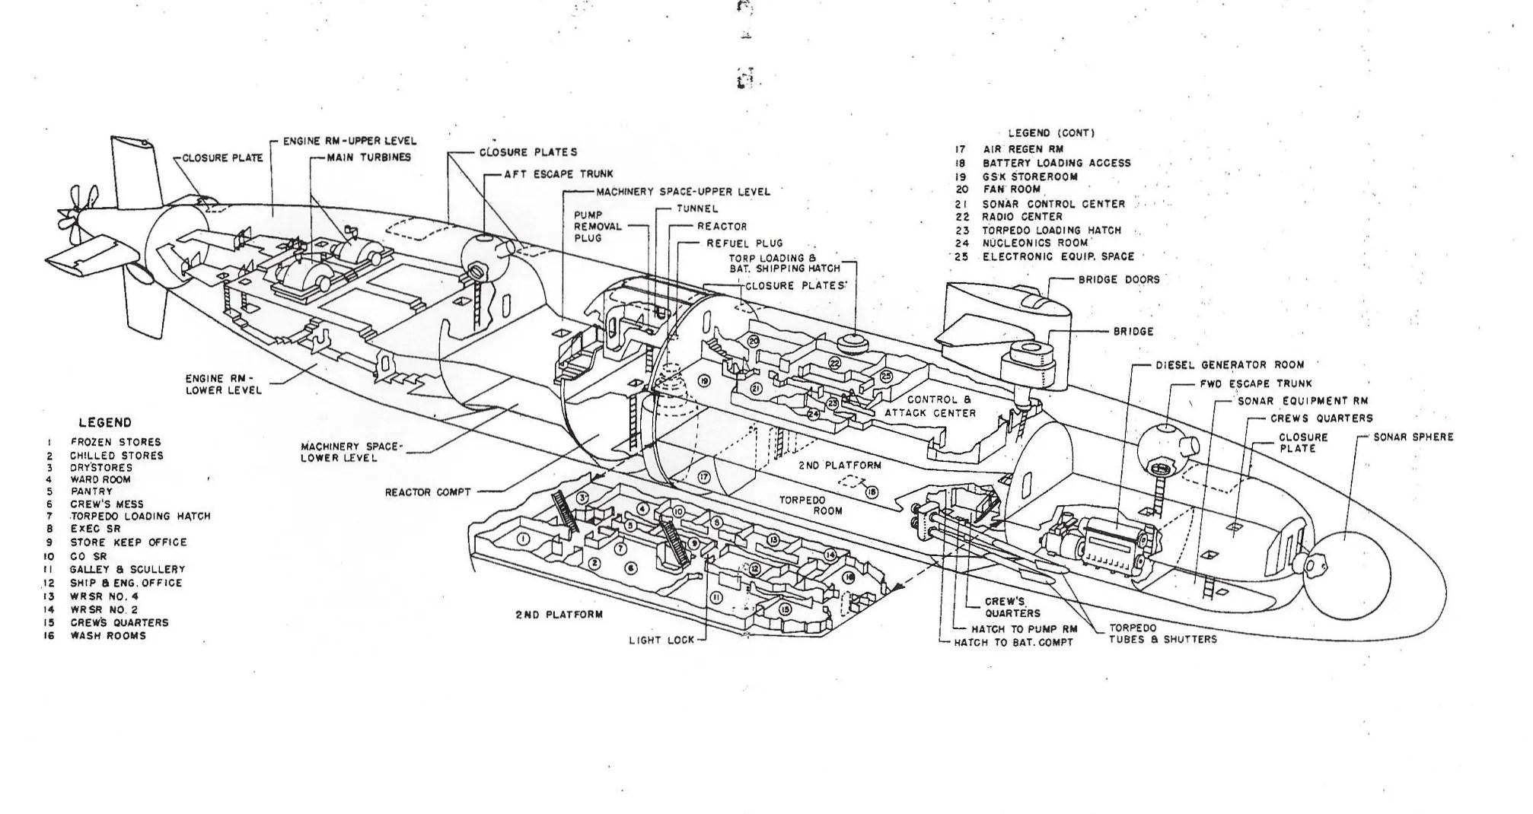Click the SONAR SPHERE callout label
tap(1413, 437)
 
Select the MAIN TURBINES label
tap(369, 157)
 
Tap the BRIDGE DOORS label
tap(1119, 280)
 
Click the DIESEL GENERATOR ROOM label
tap(1229, 365)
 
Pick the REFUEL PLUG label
tap(744, 243)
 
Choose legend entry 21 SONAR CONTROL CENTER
tap(1053, 204)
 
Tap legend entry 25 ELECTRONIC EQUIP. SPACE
tap(1057, 256)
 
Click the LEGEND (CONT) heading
tap(1051, 133)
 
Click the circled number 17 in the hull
tap(703, 477)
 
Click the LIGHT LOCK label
tap(661, 640)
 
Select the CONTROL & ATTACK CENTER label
tap(929, 406)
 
